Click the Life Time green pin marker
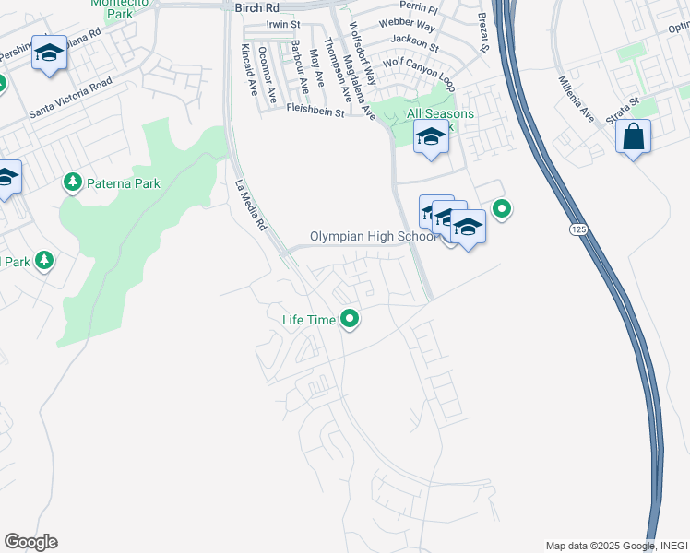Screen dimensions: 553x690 click(350, 320)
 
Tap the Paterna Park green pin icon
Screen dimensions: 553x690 click(73, 183)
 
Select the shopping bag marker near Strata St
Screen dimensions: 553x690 click(633, 138)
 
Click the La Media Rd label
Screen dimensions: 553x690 click(249, 204)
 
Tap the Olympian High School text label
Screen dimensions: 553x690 click(373, 237)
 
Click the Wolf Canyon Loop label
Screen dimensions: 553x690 click(419, 68)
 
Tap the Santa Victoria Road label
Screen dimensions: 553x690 click(70, 99)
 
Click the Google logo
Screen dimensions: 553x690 click(30, 541)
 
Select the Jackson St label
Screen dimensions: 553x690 click(414, 41)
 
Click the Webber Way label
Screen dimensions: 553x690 click(413, 25)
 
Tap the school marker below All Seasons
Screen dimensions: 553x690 click(429, 139)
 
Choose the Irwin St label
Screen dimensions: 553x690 click(283, 25)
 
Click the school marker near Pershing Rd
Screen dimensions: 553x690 click(49, 53)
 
